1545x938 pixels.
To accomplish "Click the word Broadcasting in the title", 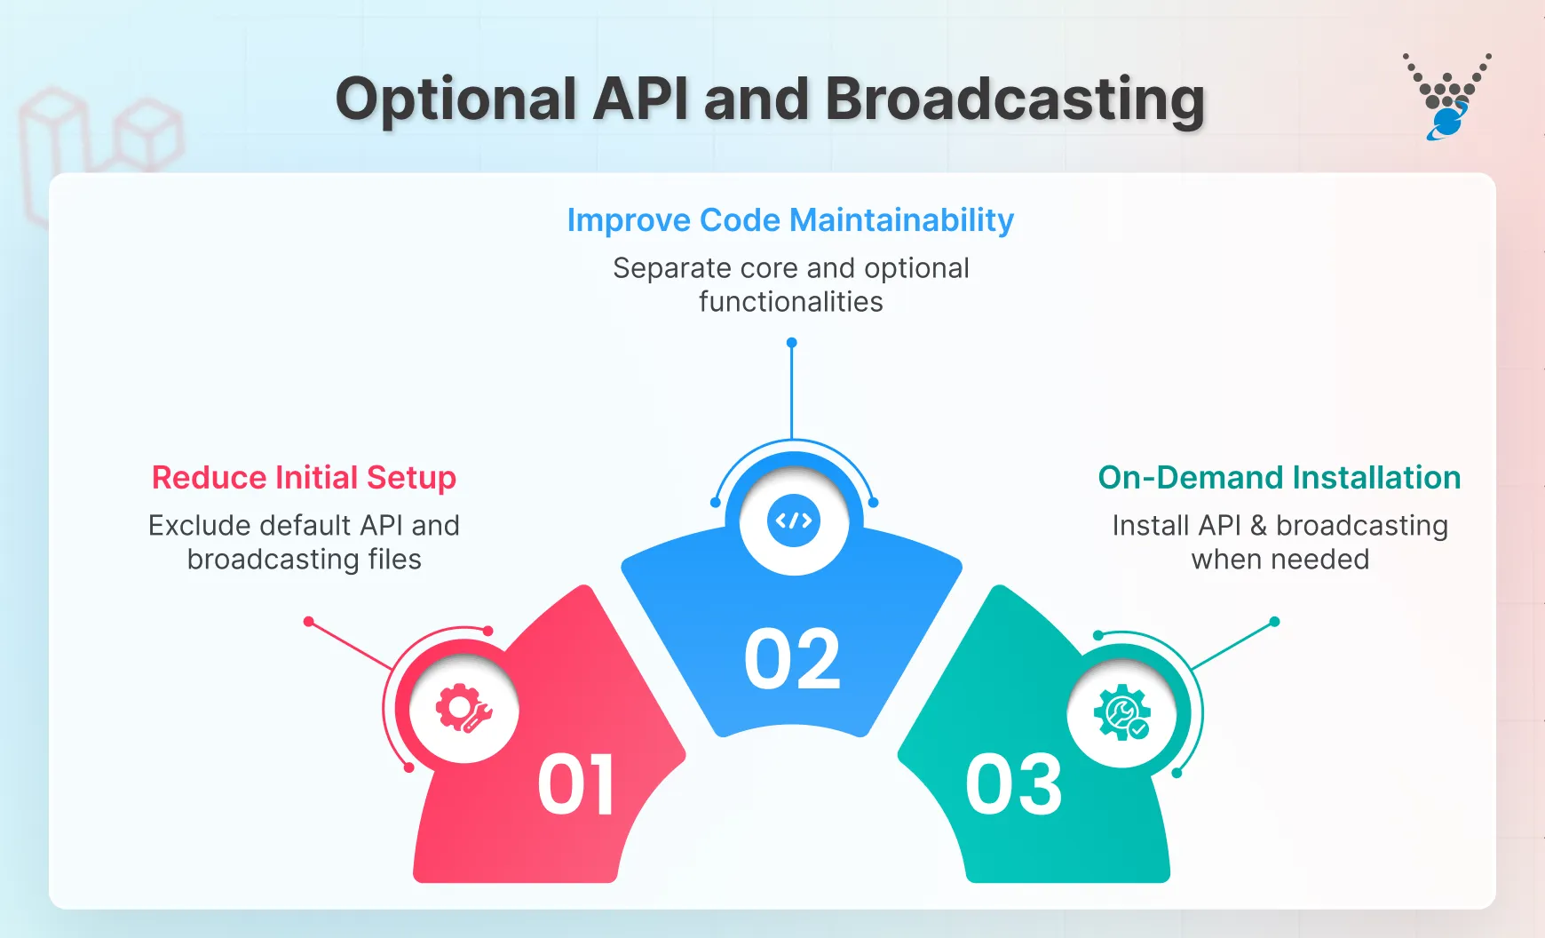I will (x=1014, y=99).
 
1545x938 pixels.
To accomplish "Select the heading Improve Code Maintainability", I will (x=790, y=220).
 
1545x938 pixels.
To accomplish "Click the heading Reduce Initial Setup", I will (x=304, y=478).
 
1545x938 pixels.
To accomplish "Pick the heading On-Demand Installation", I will (x=1279, y=478).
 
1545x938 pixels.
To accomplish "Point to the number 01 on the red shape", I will (x=575, y=785).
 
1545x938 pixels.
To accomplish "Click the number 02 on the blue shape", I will (x=792, y=660).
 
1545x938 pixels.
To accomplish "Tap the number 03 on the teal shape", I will (x=1013, y=785).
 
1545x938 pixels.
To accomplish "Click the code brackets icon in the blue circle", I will (x=793, y=521).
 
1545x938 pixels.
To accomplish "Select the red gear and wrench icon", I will (x=463, y=709).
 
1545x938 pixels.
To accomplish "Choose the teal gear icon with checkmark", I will (x=1122, y=712).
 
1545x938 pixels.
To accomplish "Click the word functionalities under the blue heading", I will (x=790, y=302).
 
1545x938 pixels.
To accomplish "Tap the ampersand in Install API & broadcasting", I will (x=1258, y=526).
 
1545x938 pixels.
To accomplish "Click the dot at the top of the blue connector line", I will (x=791, y=343).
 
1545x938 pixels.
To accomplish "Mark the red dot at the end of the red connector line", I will (x=309, y=622).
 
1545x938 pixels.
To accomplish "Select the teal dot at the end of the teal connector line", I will (x=1274, y=622).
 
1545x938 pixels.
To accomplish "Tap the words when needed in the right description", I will (x=1280, y=560).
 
